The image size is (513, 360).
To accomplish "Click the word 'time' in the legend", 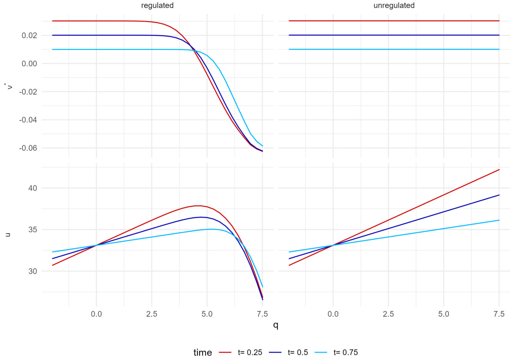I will pyautogui.click(x=203, y=353).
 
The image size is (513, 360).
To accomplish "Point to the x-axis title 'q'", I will pyautogui.click(x=275, y=325).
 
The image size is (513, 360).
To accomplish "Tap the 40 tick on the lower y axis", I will pyautogui.click(x=33, y=188).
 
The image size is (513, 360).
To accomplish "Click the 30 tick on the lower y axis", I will pyautogui.click(x=33, y=271).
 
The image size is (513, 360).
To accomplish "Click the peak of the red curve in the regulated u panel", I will pyautogui.click(x=197, y=205).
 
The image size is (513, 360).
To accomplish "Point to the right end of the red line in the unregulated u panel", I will pyautogui.click(x=499, y=169).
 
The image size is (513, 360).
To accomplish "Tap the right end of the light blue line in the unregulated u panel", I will pyautogui.click(x=499, y=220).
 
